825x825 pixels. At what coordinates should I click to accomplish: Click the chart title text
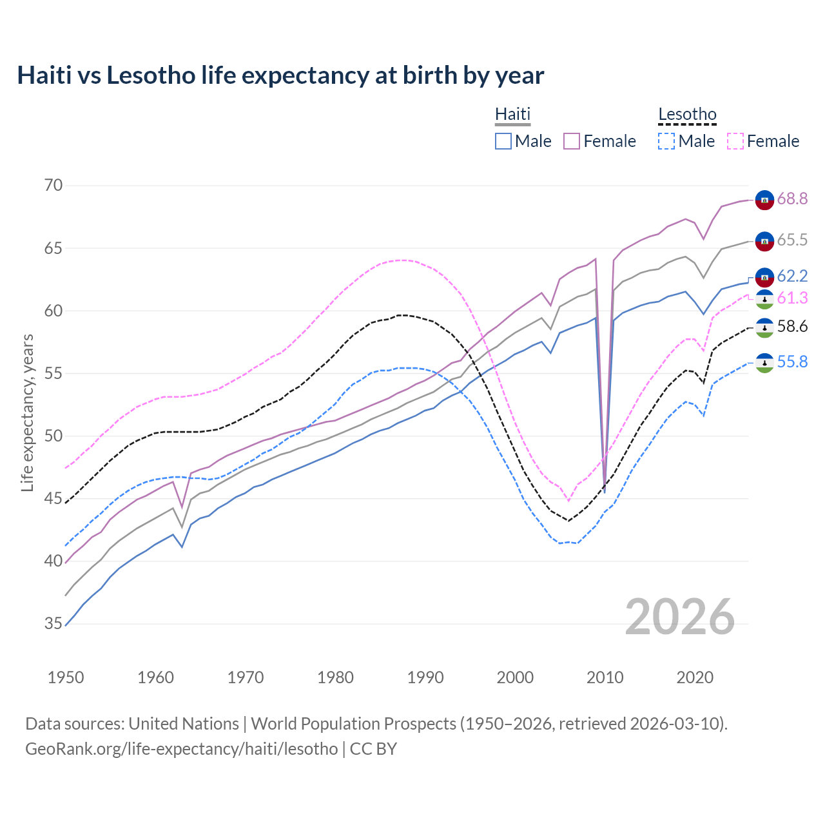click(280, 75)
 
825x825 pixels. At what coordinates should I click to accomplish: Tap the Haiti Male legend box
click(503, 141)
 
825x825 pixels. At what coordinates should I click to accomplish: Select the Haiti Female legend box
click(572, 141)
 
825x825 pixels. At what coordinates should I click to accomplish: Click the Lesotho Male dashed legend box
click(666, 141)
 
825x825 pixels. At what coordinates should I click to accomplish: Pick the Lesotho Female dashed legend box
click(735, 141)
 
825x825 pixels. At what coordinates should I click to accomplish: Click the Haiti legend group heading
click(512, 114)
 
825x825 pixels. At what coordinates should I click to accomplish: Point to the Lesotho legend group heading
click(687, 114)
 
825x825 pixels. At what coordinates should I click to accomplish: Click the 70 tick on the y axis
click(53, 186)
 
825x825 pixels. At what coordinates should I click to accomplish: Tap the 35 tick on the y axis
click(53, 624)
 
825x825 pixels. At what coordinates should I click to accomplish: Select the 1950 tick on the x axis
click(66, 677)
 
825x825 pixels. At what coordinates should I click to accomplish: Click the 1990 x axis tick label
click(425, 677)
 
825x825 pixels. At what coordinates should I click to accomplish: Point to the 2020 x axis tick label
click(695, 677)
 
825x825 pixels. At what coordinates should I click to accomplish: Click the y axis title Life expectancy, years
click(27, 412)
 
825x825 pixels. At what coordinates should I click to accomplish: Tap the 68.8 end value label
click(792, 199)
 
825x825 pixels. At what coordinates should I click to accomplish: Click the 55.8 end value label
click(792, 362)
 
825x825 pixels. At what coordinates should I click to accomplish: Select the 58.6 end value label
click(792, 327)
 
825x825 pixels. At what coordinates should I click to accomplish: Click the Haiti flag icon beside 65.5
click(764, 241)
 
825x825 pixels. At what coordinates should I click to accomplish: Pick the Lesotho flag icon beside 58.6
click(764, 327)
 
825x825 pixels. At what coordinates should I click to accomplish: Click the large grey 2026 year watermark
click(680, 617)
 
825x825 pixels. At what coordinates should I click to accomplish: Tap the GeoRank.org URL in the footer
click(181, 749)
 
